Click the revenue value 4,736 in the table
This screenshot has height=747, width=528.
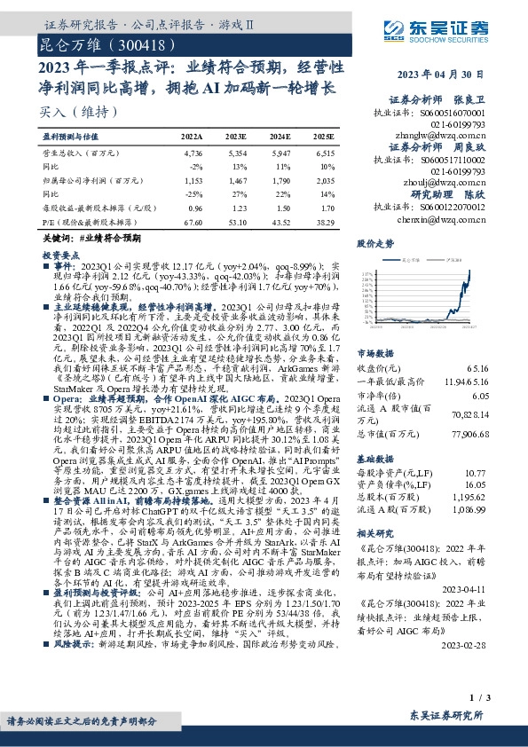point(192,153)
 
